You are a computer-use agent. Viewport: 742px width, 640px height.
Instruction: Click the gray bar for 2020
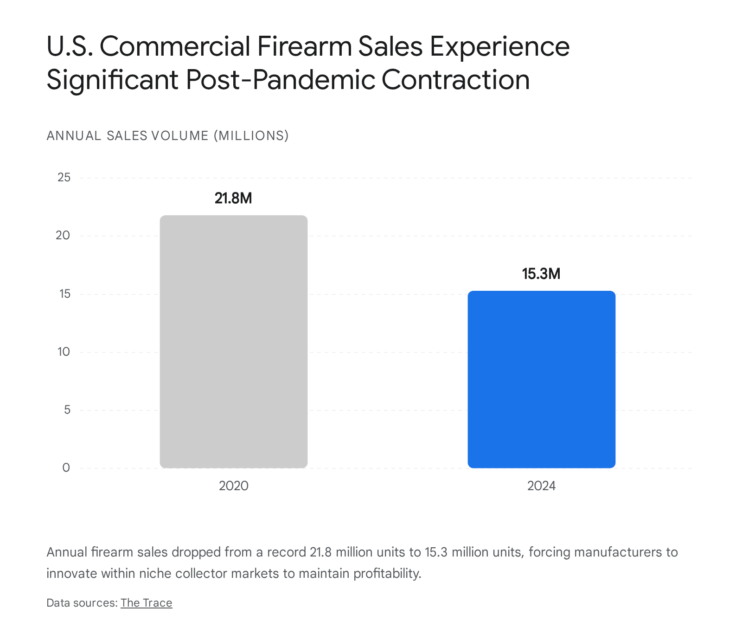tap(233, 342)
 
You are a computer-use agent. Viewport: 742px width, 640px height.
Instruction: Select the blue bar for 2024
tap(541, 379)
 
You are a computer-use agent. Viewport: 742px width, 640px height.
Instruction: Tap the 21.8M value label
tap(233, 198)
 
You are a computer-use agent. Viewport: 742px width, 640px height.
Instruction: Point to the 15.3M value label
tap(541, 274)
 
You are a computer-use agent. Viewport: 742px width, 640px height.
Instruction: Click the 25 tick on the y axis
tap(64, 177)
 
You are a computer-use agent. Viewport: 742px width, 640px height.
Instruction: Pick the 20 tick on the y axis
tap(63, 235)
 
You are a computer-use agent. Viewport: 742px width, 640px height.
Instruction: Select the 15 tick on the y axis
tap(64, 294)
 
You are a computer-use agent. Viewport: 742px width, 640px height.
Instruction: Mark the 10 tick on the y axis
tap(64, 352)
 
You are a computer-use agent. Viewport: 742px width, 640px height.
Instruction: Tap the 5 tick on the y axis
tap(67, 410)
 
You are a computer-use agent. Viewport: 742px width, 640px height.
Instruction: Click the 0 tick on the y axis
tap(66, 467)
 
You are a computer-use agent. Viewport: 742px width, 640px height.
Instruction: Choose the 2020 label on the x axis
tap(233, 486)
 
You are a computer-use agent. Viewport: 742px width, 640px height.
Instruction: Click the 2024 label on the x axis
tap(541, 486)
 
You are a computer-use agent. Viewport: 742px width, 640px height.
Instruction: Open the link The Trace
tap(146, 603)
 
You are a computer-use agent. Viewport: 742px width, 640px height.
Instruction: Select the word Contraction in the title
tap(455, 80)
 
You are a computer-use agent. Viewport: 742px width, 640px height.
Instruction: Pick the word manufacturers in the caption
tap(620, 552)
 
